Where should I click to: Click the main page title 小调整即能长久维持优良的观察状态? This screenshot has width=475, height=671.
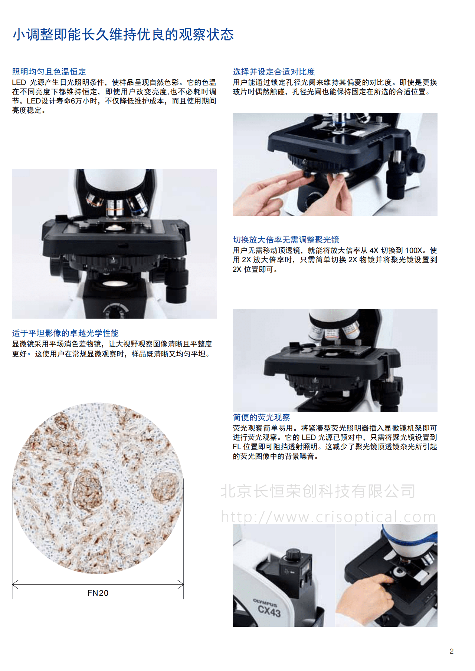click(x=123, y=34)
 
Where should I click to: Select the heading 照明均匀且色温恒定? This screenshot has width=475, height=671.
click(x=49, y=72)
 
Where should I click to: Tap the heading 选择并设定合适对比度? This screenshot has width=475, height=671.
click(x=274, y=72)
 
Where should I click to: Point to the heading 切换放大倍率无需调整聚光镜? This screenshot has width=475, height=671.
click(x=286, y=240)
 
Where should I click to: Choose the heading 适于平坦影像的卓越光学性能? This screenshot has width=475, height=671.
click(x=65, y=333)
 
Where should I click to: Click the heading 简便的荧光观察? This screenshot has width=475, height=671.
click(x=261, y=417)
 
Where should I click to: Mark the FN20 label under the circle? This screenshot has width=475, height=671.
click(x=98, y=593)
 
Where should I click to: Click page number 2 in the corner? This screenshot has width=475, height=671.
click(x=452, y=651)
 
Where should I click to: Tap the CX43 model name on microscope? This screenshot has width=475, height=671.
click(x=269, y=611)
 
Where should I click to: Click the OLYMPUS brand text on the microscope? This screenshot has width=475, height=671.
click(x=265, y=602)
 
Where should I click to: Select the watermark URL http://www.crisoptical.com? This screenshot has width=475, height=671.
click(x=328, y=517)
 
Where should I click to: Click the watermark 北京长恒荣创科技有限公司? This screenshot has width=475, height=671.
click(x=318, y=491)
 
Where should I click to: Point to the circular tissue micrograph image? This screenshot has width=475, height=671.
click(x=98, y=488)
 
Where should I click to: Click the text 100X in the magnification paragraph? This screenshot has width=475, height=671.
click(x=413, y=250)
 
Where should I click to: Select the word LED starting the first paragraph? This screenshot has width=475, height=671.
click(x=19, y=82)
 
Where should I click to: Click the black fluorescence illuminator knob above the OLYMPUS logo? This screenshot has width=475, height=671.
click(x=293, y=555)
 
